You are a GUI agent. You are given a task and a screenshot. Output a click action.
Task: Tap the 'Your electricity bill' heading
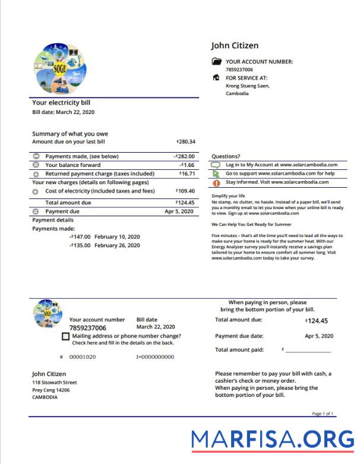[x=61, y=103]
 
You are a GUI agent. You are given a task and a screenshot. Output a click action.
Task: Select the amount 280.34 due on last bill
[x=187, y=142]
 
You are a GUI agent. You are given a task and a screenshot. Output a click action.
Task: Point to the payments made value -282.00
[x=185, y=156]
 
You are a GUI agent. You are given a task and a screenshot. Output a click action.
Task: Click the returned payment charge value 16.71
[x=187, y=173]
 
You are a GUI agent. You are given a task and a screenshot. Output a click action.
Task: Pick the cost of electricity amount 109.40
[x=186, y=191]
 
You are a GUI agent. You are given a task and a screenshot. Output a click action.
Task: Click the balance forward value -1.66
[x=188, y=165]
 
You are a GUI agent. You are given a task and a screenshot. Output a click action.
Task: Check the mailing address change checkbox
[x=65, y=336]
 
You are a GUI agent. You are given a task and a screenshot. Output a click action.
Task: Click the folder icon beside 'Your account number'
[x=216, y=61]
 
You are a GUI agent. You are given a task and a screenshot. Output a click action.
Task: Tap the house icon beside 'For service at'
[x=216, y=78]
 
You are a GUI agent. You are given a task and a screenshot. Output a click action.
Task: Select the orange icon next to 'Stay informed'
[x=216, y=183]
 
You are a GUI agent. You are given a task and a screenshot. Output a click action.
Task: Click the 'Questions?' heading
[x=226, y=156]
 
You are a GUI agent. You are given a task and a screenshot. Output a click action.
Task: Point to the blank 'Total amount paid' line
[x=308, y=351]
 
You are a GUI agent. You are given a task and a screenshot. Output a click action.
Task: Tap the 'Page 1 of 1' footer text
[x=323, y=414]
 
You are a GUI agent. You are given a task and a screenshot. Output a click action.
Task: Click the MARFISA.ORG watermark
[x=273, y=439]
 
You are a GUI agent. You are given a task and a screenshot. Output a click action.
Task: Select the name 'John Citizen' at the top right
[x=235, y=46]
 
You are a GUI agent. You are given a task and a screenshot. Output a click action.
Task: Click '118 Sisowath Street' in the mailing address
[x=55, y=383]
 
